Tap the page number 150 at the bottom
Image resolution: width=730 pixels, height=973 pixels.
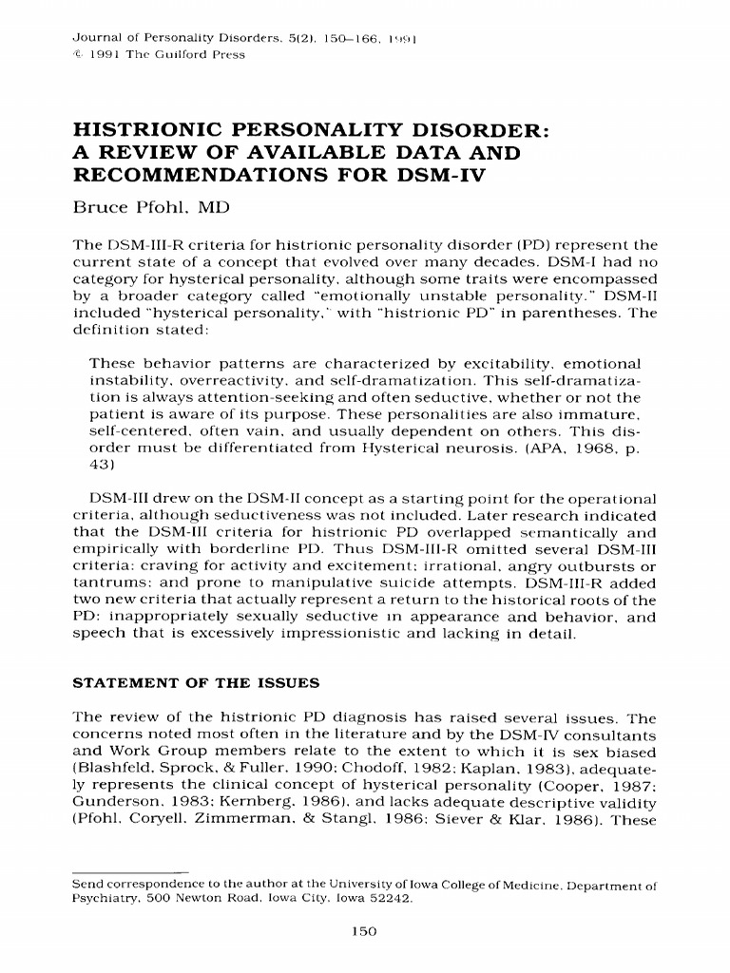click(365, 932)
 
